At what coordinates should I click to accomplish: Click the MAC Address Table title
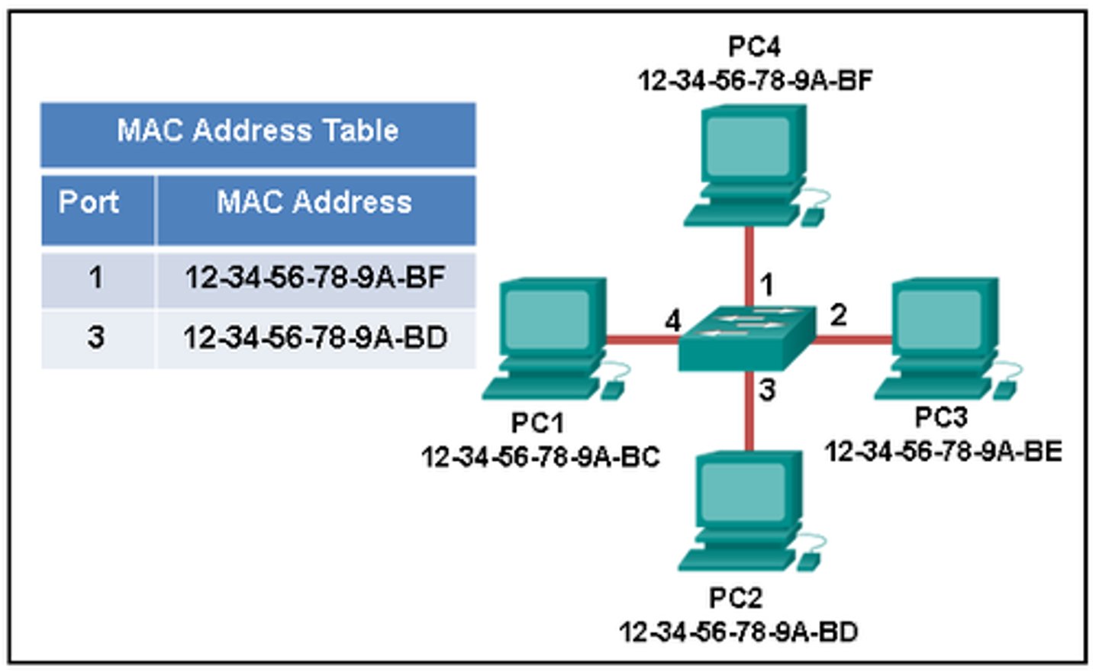257,131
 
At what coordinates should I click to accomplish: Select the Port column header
89,203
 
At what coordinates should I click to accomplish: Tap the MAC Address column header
314,203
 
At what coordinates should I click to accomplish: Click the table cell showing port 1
96,278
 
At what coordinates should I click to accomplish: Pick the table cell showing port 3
96,337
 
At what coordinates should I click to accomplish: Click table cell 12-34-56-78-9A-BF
314,278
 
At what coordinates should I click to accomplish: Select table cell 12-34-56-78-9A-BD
314,337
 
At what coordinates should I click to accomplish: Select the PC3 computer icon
943,336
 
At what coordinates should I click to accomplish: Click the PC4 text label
754,47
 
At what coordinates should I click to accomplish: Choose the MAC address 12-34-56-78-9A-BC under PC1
540,457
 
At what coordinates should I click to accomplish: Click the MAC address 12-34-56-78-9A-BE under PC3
943,452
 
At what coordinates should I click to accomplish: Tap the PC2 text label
736,598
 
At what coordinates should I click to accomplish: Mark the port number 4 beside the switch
672,321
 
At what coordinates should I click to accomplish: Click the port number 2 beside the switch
838,314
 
